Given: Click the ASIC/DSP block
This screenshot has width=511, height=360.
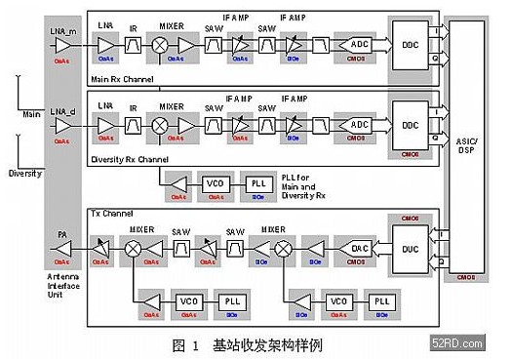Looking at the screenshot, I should click(x=466, y=146).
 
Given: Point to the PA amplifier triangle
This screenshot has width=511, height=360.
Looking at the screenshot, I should click(x=62, y=249).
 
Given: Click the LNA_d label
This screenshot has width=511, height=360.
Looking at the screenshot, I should click(x=63, y=109).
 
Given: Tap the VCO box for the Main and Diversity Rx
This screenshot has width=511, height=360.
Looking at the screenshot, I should click(x=216, y=182).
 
